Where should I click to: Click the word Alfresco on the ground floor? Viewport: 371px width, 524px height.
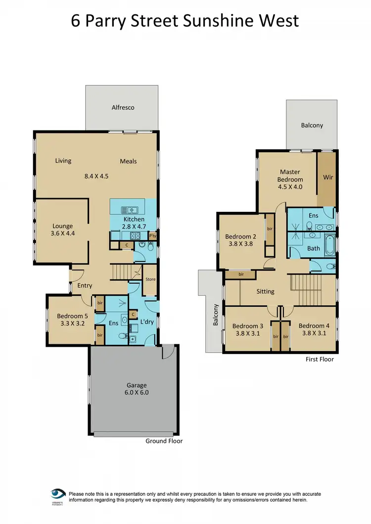click(123, 107)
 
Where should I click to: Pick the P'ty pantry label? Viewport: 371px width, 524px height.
click(152, 236)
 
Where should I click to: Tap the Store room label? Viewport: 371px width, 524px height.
click(150, 280)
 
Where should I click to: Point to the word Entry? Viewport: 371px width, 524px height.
click(85, 285)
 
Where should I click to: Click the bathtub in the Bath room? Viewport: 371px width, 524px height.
click(330, 247)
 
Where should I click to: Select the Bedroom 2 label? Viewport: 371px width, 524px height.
click(240, 240)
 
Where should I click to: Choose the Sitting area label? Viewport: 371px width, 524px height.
click(265, 291)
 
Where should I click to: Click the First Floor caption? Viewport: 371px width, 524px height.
click(320, 359)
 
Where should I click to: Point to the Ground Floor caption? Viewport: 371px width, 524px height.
click(164, 441)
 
